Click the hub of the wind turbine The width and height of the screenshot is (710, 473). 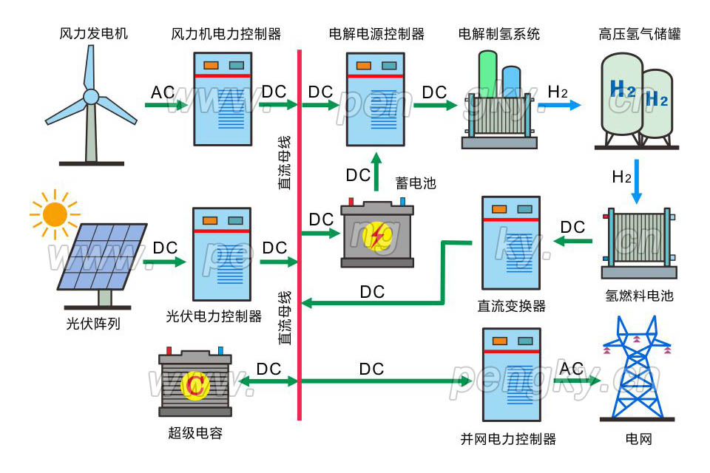[90, 96]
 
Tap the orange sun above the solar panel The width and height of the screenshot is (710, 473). [55, 214]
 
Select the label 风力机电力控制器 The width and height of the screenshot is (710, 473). [226, 34]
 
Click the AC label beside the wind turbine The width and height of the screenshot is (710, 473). [163, 92]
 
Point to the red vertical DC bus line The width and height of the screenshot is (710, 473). [300, 222]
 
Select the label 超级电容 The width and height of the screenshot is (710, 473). [195, 434]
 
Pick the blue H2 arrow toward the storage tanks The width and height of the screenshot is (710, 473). [564, 106]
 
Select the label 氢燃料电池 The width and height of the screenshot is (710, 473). [639, 296]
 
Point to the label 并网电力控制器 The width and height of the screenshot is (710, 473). [507, 438]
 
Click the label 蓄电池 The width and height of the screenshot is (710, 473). [415, 182]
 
